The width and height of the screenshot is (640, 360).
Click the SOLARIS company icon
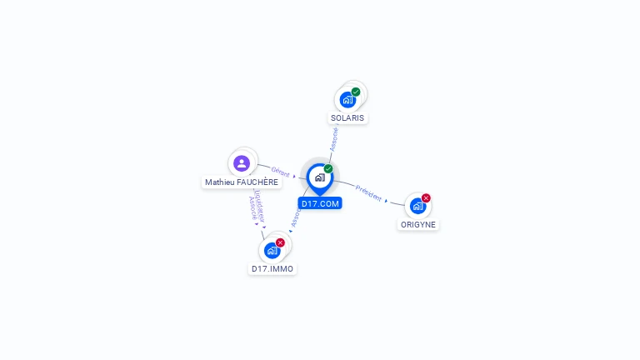pos(347,100)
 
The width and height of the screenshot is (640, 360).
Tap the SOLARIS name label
pos(347,118)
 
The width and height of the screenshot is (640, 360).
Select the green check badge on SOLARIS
pos(356,92)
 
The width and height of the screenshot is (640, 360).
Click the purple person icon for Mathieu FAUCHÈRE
pos(242,162)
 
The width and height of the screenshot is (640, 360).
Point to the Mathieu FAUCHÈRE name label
pos(242,182)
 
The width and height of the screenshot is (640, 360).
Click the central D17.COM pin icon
pos(319,177)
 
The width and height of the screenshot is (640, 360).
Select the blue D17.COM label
pos(320,203)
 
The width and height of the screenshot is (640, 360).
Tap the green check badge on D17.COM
pos(328,168)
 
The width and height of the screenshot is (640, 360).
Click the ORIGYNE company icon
pos(417,206)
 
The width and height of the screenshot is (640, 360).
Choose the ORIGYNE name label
pos(418,225)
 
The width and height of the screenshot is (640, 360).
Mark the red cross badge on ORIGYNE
pos(426,198)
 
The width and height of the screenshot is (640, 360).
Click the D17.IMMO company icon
pos(272,250)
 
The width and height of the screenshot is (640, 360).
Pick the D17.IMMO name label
pos(272,269)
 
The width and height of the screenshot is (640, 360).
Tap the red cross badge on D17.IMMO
pos(280,242)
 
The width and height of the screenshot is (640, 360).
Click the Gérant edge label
pos(280,172)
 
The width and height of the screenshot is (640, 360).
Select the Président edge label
pos(367,192)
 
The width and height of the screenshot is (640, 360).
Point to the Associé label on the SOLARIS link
pos(334,139)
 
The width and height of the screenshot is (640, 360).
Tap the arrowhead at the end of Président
pos(387,201)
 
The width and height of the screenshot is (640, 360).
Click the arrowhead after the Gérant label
pos(294,176)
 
